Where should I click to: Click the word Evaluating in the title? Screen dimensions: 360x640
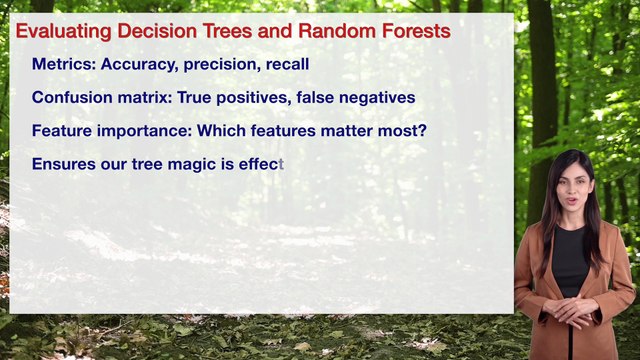58,32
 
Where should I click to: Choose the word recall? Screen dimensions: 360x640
287,65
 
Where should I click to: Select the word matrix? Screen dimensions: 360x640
143,98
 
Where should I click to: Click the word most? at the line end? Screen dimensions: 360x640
404,131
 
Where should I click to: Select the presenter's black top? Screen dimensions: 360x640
571,262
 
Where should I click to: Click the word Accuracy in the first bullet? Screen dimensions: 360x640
140,65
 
